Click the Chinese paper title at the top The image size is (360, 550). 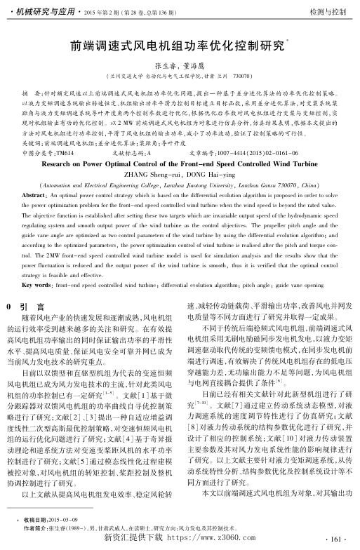click(178, 48)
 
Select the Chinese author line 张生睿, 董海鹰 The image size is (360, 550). click(180, 65)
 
